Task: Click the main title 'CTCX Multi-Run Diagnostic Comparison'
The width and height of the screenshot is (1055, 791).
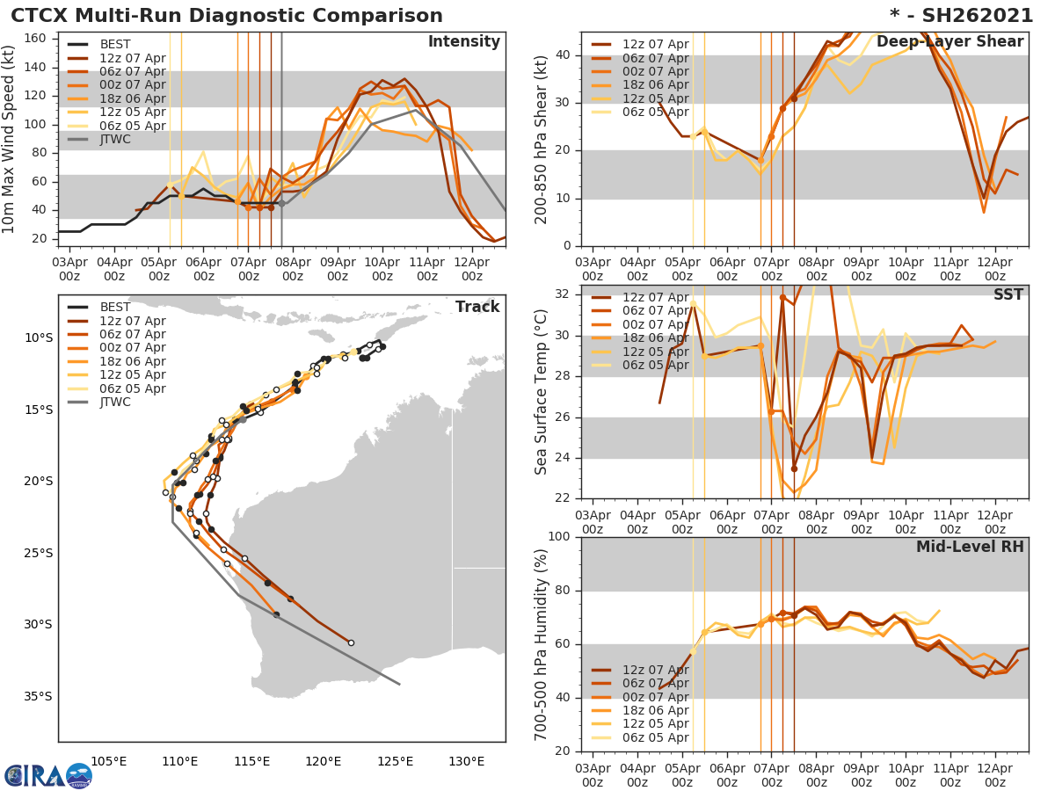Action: [x=227, y=16]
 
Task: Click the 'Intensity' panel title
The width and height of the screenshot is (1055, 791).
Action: [x=463, y=42]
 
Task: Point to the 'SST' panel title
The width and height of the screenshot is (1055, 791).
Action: [x=1008, y=294]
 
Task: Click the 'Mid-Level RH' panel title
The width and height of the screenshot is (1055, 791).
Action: [x=970, y=547]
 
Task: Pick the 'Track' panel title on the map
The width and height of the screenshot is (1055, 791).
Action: [x=477, y=307]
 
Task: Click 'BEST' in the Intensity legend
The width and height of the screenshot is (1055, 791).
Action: [x=115, y=45]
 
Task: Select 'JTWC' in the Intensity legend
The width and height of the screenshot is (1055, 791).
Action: [x=116, y=140]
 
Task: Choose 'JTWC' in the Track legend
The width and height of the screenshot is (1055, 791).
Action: [x=116, y=403]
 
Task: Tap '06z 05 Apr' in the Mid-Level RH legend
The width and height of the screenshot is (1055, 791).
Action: [x=655, y=737]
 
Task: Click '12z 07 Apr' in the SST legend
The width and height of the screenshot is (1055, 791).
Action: [x=655, y=297]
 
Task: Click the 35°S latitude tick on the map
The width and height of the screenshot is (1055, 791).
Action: [x=37, y=697]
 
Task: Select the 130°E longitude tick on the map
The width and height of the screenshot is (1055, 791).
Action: [x=467, y=761]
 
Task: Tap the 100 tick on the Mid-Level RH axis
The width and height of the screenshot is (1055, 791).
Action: [x=561, y=537]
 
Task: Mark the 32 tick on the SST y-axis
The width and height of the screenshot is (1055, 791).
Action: [x=564, y=294]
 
